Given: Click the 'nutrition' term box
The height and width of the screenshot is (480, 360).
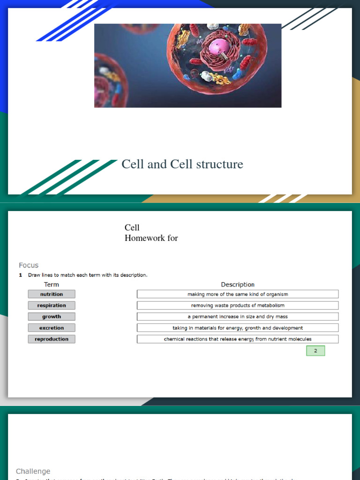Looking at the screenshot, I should (x=52, y=294).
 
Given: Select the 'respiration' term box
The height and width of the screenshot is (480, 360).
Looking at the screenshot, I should (x=52, y=305).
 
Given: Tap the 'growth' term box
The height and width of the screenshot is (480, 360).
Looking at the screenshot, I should (x=52, y=316).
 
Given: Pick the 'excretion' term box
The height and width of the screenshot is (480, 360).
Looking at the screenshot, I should (x=52, y=328).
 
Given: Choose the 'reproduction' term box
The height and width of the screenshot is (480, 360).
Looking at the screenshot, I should (x=52, y=339).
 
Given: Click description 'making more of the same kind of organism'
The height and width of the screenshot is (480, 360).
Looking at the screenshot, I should (x=238, y=294).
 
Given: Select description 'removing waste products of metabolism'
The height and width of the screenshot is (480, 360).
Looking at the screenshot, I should (x=238, y=305).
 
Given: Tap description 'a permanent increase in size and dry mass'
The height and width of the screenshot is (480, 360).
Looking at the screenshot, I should (x=238, y=316).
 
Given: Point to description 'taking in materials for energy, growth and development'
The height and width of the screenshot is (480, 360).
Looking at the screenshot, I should (x=238, y=328).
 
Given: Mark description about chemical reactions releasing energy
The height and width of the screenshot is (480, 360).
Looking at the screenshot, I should (x=238, y=339).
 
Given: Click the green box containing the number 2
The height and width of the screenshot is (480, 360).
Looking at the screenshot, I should (x=315, y=351).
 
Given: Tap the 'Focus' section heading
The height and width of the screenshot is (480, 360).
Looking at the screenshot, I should (x=29, y=265).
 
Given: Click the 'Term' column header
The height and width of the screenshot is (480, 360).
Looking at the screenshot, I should (x=52, y=285).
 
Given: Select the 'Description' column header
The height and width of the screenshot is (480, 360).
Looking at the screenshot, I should (x=238, y=285).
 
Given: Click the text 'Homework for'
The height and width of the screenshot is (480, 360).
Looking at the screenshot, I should (x=151, y=238).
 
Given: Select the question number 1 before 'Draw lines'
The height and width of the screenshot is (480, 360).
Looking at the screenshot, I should (x=21, y=275).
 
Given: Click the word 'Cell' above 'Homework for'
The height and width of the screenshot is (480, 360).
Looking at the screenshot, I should (x=132, y=228).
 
